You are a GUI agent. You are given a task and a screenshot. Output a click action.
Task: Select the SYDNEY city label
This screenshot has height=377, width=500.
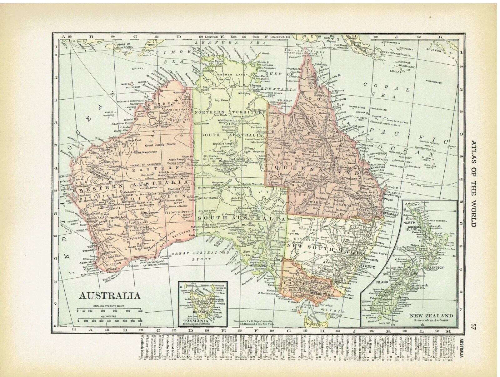click(x=369, y=267)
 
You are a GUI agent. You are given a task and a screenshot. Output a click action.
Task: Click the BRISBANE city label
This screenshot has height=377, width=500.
click(x=389, y=215)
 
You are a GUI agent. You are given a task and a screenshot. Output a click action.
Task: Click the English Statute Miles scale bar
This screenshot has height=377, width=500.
click(x=110, y=311)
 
